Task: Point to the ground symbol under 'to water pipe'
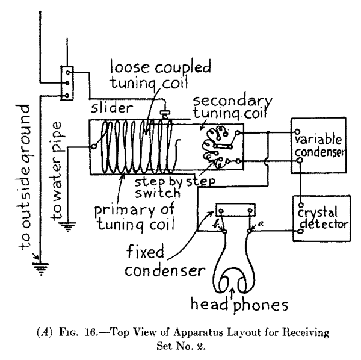[x=68, y=228]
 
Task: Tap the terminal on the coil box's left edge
[x=94, y=145]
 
